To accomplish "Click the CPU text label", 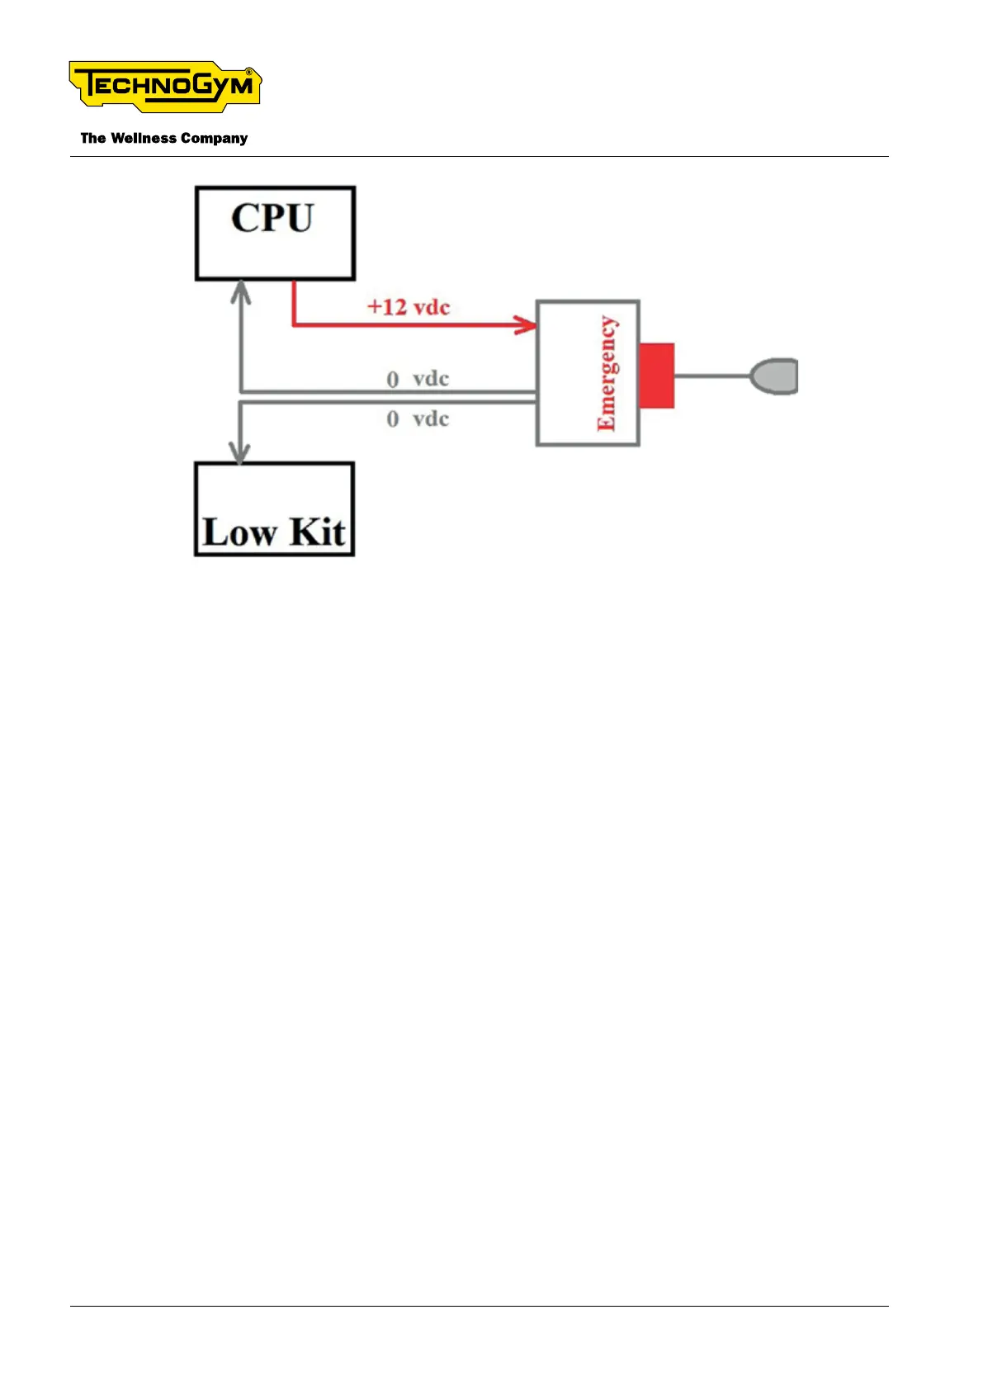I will tap(272, 219).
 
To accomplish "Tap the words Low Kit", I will tap(274, 532).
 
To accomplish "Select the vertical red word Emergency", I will tap(607, 373).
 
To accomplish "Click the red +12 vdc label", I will tap(409, 307).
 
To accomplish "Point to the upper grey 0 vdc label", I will tap(418, 379).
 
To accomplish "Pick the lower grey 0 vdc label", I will tap(418, 418).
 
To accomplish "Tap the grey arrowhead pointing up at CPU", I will tap(240, 291).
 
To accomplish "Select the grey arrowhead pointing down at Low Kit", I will tap(239, 452).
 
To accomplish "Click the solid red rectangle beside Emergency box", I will tap(656, 376).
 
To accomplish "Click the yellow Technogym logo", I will tap(165, 86).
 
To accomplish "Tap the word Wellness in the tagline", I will tap(144, 139).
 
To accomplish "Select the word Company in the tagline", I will tap(214, 139).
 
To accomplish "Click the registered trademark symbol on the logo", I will tap(249, 73).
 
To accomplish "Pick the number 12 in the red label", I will tap(395, 307).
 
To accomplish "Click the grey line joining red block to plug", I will tap(711, 376).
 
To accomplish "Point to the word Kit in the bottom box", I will tap(318, 532).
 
